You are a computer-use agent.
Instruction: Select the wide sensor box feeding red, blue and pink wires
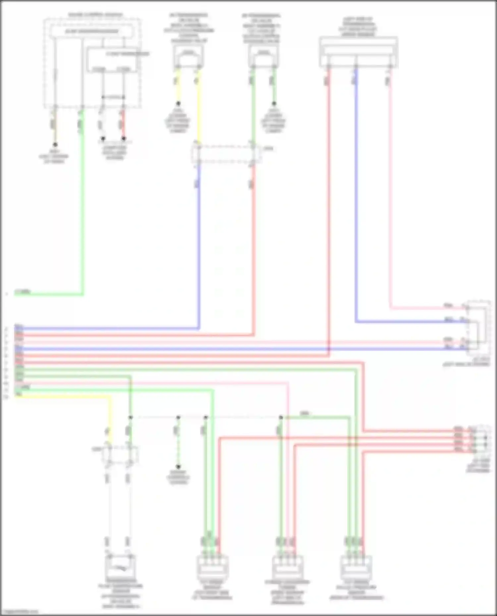point(359,52)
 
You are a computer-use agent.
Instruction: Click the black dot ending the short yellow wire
point(178,103)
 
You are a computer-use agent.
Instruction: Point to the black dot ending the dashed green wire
point(178,467)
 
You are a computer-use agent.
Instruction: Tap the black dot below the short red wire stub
point(124,138)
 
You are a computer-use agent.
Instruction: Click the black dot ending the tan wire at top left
point(55,145)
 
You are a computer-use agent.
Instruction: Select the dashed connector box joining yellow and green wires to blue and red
point(225,154)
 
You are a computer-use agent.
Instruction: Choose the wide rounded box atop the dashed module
point(92,31)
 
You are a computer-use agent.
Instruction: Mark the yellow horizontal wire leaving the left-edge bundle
point(63,396)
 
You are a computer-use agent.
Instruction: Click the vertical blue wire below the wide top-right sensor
point(356,199)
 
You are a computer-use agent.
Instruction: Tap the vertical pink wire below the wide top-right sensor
point(390,199)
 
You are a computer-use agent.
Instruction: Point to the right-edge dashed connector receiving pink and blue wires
point(478,328)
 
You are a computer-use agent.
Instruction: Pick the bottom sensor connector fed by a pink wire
point(287,567)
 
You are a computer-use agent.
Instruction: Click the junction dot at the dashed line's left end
point(131,417)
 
